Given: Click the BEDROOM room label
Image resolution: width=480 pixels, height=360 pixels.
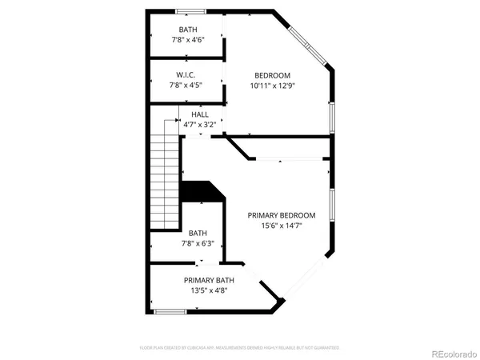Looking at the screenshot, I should [272, 74].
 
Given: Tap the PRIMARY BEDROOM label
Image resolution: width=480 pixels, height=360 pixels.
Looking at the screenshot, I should [281, 215].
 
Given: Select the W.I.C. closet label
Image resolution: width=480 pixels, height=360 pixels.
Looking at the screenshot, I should [186, 74].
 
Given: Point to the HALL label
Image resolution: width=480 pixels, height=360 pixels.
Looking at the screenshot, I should [200, 114].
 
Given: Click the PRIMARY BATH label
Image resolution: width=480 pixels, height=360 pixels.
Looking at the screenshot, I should [209, 280].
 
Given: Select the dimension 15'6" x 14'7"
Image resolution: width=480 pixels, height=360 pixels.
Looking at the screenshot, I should [281, 226].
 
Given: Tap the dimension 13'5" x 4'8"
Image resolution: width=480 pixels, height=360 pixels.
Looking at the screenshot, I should [209, 290].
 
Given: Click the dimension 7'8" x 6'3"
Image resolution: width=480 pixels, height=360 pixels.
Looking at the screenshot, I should [202, 244].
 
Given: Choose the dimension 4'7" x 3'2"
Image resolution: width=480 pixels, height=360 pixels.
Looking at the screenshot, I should [200, 125].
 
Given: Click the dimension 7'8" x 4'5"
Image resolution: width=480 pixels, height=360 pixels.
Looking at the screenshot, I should [186, 85].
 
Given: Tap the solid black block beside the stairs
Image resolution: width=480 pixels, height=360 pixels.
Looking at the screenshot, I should [200, 192].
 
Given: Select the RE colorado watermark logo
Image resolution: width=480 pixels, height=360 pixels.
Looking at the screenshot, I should [453, 350].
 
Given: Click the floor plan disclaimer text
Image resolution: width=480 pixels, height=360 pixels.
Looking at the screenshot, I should [240, 348].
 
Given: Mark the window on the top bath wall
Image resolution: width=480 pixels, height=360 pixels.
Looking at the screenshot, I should [189, 11].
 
